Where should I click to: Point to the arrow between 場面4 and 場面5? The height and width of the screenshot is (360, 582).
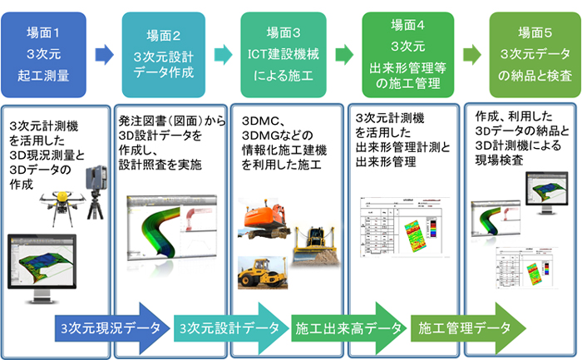coord(471,56)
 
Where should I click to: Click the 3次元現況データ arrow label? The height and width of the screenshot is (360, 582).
coord(113,327)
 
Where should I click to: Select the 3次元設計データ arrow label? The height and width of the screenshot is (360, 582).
coord(229,327)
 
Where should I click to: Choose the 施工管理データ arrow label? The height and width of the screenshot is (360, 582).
coord(466,327)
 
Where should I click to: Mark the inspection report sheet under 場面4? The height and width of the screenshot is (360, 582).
coord(402,229)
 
